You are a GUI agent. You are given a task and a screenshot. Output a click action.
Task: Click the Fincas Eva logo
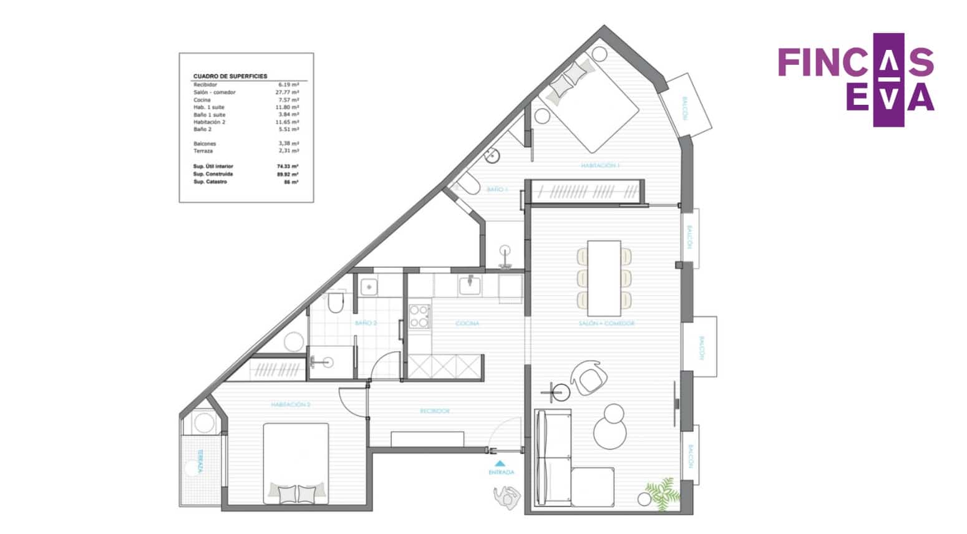click(x=856, y=79)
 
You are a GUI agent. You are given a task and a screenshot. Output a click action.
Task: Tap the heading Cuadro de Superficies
click(x=230, y=76)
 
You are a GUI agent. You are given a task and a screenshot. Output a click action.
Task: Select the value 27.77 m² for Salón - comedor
click(x=287, y=92)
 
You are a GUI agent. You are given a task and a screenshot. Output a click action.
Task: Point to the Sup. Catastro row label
click(x=210, y=182)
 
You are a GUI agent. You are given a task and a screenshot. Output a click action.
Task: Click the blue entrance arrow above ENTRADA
click(x=500, y=464)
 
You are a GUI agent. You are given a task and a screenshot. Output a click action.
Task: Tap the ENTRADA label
click(x=501, y=473)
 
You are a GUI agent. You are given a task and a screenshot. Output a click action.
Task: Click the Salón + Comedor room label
click(x=606, y=324)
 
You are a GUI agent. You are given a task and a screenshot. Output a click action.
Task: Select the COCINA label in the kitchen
click(x=467, y=324)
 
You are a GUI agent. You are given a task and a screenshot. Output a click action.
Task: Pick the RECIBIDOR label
click(x=435, y=411)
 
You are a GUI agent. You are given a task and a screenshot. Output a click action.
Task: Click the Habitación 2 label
click(x=291, y=405)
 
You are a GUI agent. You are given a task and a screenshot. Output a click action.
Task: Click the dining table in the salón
click(x=605, y=278)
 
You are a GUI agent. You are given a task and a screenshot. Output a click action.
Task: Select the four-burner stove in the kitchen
click(x=419, y=316)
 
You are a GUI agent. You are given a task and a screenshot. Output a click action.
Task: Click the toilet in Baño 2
click(x=336, y=303)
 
